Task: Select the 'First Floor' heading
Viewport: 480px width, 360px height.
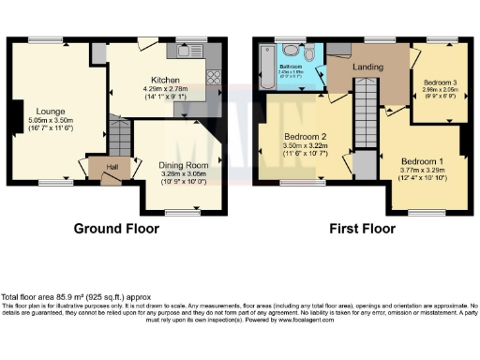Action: [x=360, y=229]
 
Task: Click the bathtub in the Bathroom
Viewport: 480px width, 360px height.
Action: [x=265, y=67]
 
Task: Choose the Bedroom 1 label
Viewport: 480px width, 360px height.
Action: [x=419, y=160]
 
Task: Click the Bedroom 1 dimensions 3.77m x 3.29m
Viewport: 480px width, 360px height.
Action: [x=419, y=170]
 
